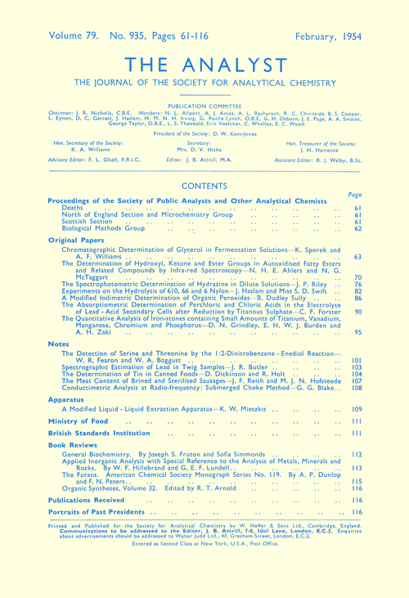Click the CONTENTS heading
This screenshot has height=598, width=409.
click(x=204, y=187)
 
